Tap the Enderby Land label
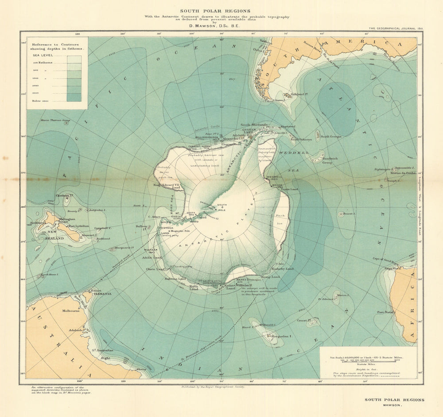pos(284,269)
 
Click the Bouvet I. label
pos(349,214)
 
